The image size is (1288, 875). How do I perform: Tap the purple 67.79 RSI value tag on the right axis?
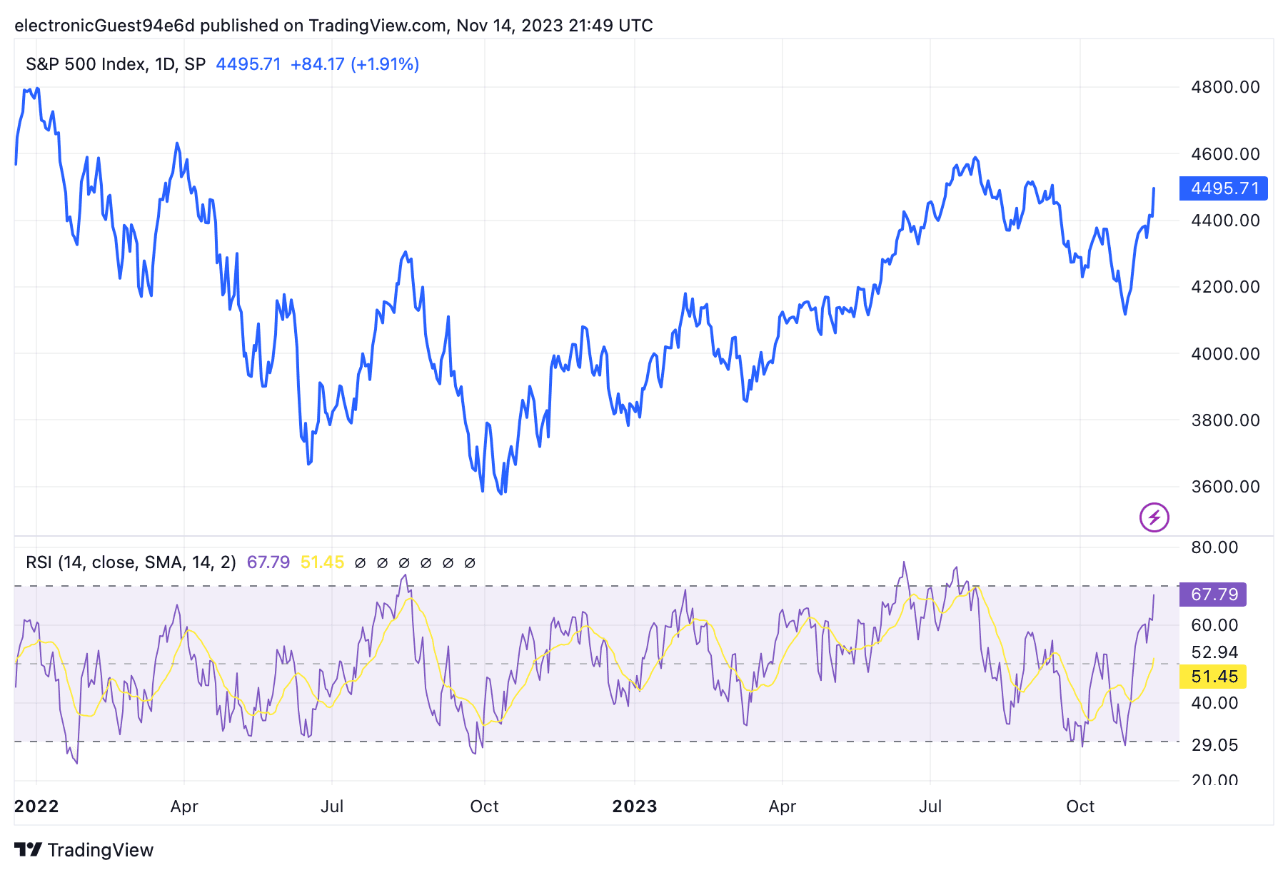pyautogui.click(x=1213, y=595)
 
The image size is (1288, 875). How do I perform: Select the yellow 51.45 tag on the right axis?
pyautogui.click(x=1213, y=677)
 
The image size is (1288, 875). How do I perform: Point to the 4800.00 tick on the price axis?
pyautogui.click(x=1225, y=87)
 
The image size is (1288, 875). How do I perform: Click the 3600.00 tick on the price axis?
pyautogui.click(x=1225, y=487)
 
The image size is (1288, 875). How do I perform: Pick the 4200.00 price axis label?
pyautogui.click(x=1225, y=287)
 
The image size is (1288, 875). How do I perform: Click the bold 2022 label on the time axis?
pyautogui.click(x=36, y=806)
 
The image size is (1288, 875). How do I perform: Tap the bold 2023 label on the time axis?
pyautogui.click(x=635, y=806)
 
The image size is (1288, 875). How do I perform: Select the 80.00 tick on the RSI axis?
pyautogui.click(x=1214, y=547)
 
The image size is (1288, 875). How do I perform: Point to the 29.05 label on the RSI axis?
pyautogui.click(x=1214, y=745)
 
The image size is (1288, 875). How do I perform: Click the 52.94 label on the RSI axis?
pyautogui.click(x=1214, y=652)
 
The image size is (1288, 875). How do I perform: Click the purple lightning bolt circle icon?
pyautogui.click(x=1154, y=517)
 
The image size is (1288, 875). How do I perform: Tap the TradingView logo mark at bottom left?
pyautogui.click(x=29, y=850)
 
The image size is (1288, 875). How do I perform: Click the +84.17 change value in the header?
pyautogui.click(x=317, y=64)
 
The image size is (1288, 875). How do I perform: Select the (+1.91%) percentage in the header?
pyautogui.click(x=384, y=64)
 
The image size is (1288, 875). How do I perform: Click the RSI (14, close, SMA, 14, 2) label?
pyautogui.click(x=131, y=562)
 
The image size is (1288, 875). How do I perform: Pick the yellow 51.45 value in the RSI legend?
pyautogui.click(x=322, y=562)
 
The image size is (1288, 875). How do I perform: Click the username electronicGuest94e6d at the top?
pyautogui.click(x=104, y=26)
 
